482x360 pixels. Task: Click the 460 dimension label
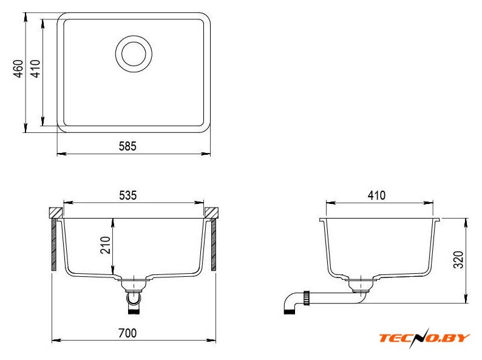(19, 69)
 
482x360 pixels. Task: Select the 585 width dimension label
(127, 146)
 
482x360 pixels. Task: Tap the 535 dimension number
(127, 195)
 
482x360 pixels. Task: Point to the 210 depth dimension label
(106, 245)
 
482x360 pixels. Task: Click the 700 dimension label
(127, 333)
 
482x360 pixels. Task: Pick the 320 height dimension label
(458, 260)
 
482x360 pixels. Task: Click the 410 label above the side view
(376, 195)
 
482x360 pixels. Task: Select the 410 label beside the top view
(36, 69)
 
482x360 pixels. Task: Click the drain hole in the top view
(134, 54)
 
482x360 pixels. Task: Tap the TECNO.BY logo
(424, 338)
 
